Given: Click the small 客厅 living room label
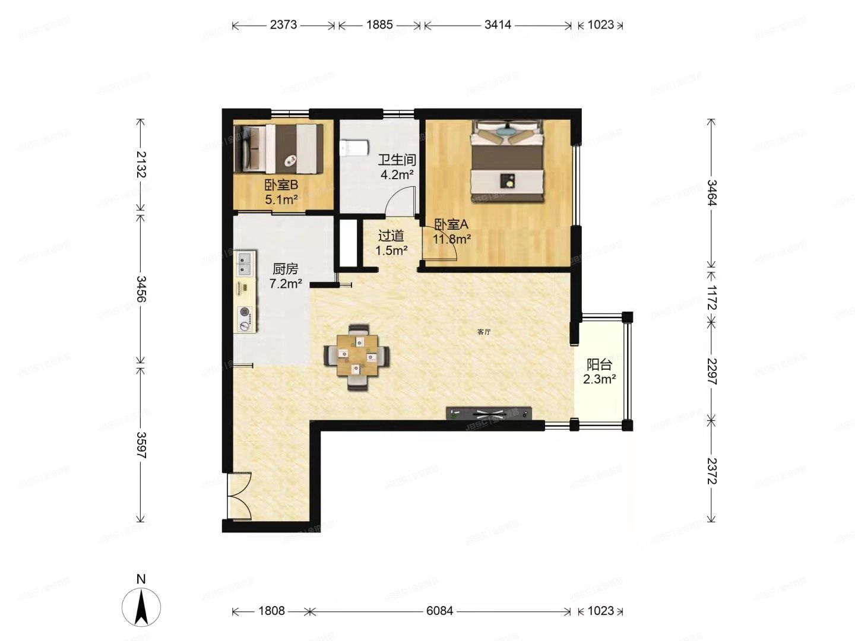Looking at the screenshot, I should [x=484, y=332].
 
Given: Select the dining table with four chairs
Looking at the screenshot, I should [x=356, y=356].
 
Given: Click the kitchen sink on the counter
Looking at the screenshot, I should [x=245, y=263].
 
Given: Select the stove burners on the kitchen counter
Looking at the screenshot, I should [x=244, y=319].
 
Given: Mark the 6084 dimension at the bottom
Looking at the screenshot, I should [x=439, y=611].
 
